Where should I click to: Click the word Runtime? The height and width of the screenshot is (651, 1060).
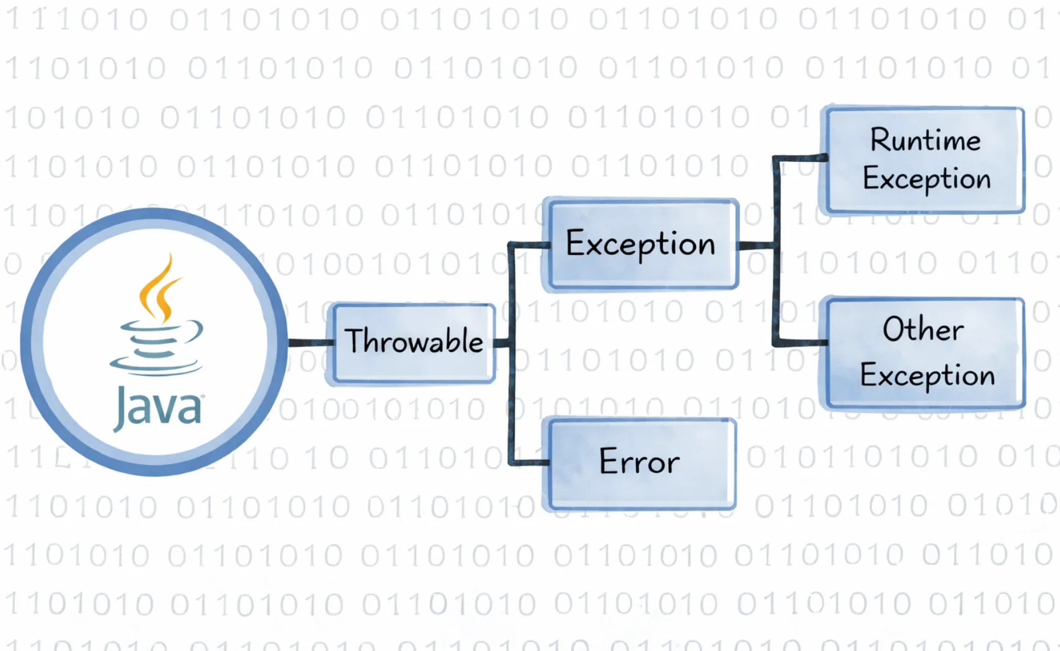[x=925, y=140]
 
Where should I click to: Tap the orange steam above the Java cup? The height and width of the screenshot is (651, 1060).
[x=160, y=289]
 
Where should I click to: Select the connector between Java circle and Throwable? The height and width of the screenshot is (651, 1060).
[x=310, y=342]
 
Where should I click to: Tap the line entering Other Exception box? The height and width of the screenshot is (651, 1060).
[x=800, y=342]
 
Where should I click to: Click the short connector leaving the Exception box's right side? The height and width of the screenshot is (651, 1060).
[x=755, y=246]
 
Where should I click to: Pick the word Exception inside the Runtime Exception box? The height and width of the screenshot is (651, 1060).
[x=926, y=179]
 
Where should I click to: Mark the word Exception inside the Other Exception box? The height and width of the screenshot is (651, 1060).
[x=927, y=375]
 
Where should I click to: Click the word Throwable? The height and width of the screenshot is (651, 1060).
[x=414, y=341]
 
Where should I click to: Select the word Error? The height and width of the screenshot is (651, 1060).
[x=639, y=461]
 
